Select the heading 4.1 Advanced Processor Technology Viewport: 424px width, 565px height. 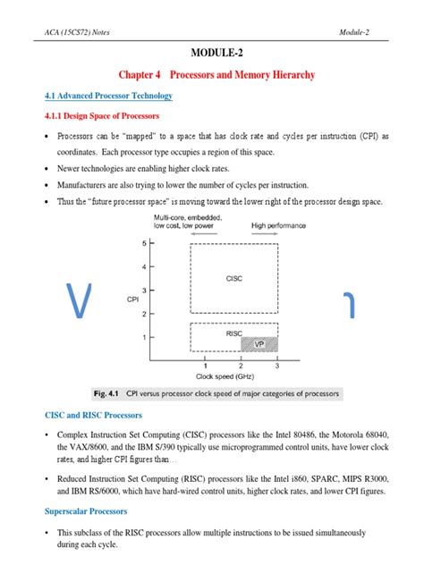(108, 96)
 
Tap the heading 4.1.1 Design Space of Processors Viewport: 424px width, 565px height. (101, 115)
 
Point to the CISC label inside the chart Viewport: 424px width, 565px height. (235, 279)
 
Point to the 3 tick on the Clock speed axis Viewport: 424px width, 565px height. (277, 366)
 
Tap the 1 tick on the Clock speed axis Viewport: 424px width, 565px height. (205, 366)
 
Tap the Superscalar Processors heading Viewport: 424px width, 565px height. (89, 511)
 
